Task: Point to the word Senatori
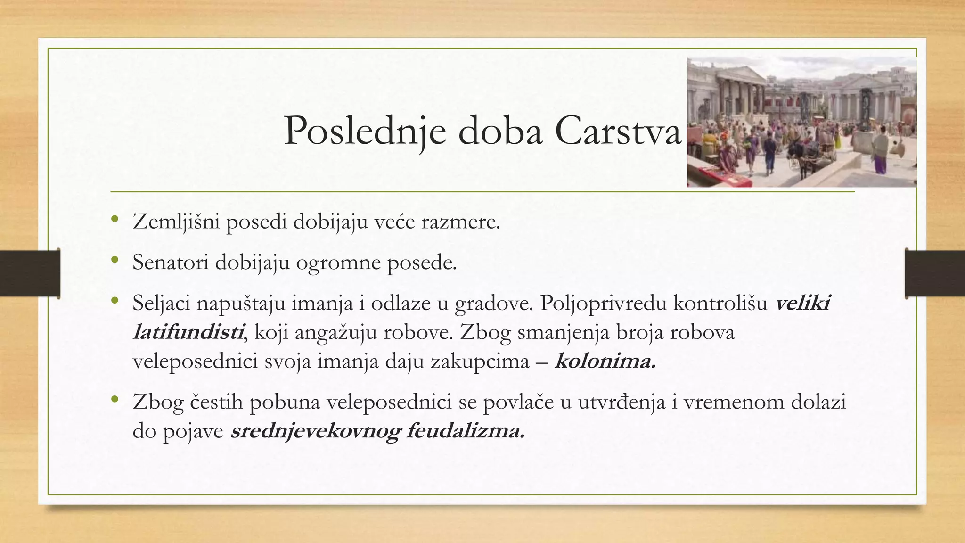pos(170,262)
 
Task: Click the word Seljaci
pos(161,303)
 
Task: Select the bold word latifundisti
pos(188,332)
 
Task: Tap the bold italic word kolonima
pos(605,362)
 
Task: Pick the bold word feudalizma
pos(465,431)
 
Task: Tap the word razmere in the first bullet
pos(460,222)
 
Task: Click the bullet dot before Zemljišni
pos(114,220)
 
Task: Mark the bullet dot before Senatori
pos(114,260)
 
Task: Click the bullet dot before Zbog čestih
pos(114,400)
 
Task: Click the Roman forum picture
pos(801,122)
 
